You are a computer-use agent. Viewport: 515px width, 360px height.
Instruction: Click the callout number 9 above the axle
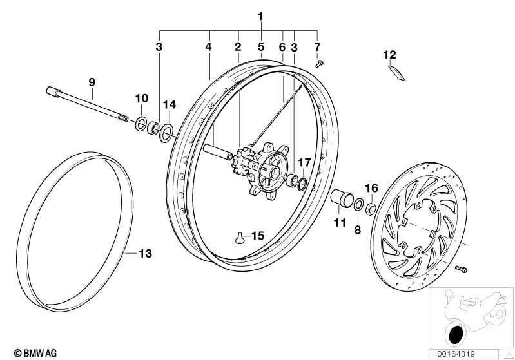click(x=92, y=82)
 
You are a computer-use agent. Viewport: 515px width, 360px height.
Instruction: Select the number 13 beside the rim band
click(x=145, y=253)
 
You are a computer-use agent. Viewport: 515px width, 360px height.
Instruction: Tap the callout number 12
click(x=390, y=55)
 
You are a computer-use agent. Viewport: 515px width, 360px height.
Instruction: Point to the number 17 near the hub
click(x=304, y=162)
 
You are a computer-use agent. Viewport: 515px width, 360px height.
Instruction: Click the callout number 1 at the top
click(x=261, y=16)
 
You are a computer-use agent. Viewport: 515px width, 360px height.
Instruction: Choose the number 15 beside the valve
click(x=258, y=236)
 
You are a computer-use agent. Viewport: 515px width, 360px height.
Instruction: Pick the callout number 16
click(x=372, y=188)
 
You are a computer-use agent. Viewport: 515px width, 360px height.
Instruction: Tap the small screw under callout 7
click(x=319, y=63)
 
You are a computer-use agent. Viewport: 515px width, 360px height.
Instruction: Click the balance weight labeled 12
click(x=396, y=73)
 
